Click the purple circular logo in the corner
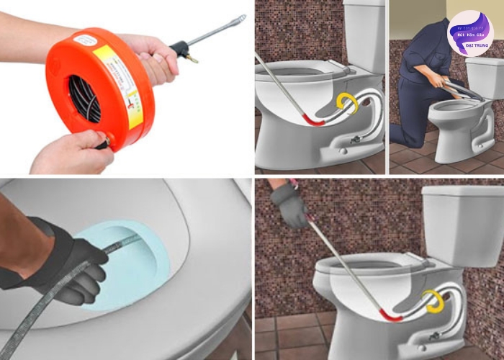(469, 33)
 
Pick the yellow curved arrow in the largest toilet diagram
(433, 300)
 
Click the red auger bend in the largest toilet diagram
(392, 315)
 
